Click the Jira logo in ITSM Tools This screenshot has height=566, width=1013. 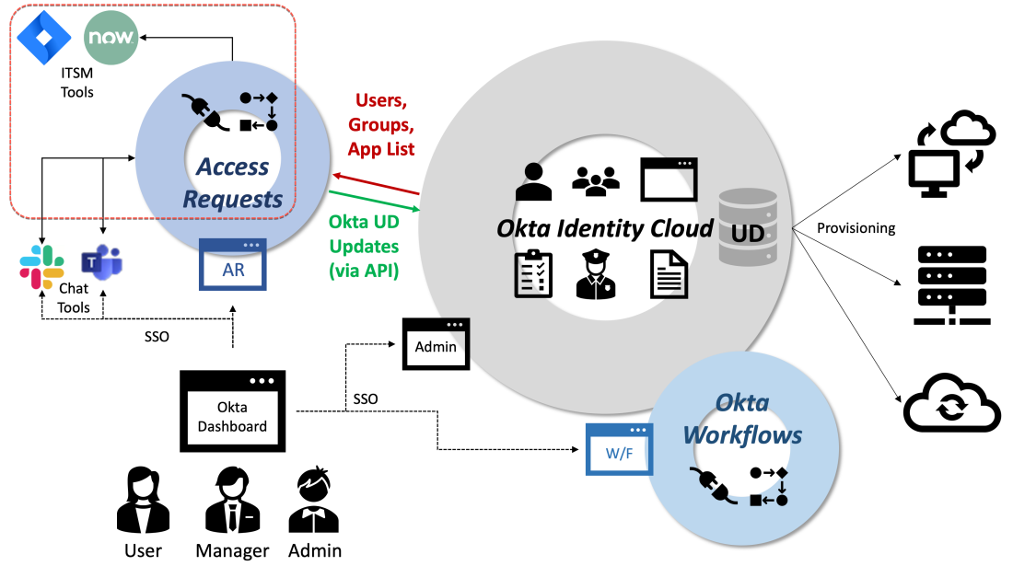coord(38,37)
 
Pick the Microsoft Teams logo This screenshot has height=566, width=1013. coord(101,262)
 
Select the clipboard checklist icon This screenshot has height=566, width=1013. coord(534,273)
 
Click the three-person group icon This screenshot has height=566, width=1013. coord(595,181)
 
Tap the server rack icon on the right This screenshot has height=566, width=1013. coord(951,285)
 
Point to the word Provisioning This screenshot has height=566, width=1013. coord(856,228)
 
